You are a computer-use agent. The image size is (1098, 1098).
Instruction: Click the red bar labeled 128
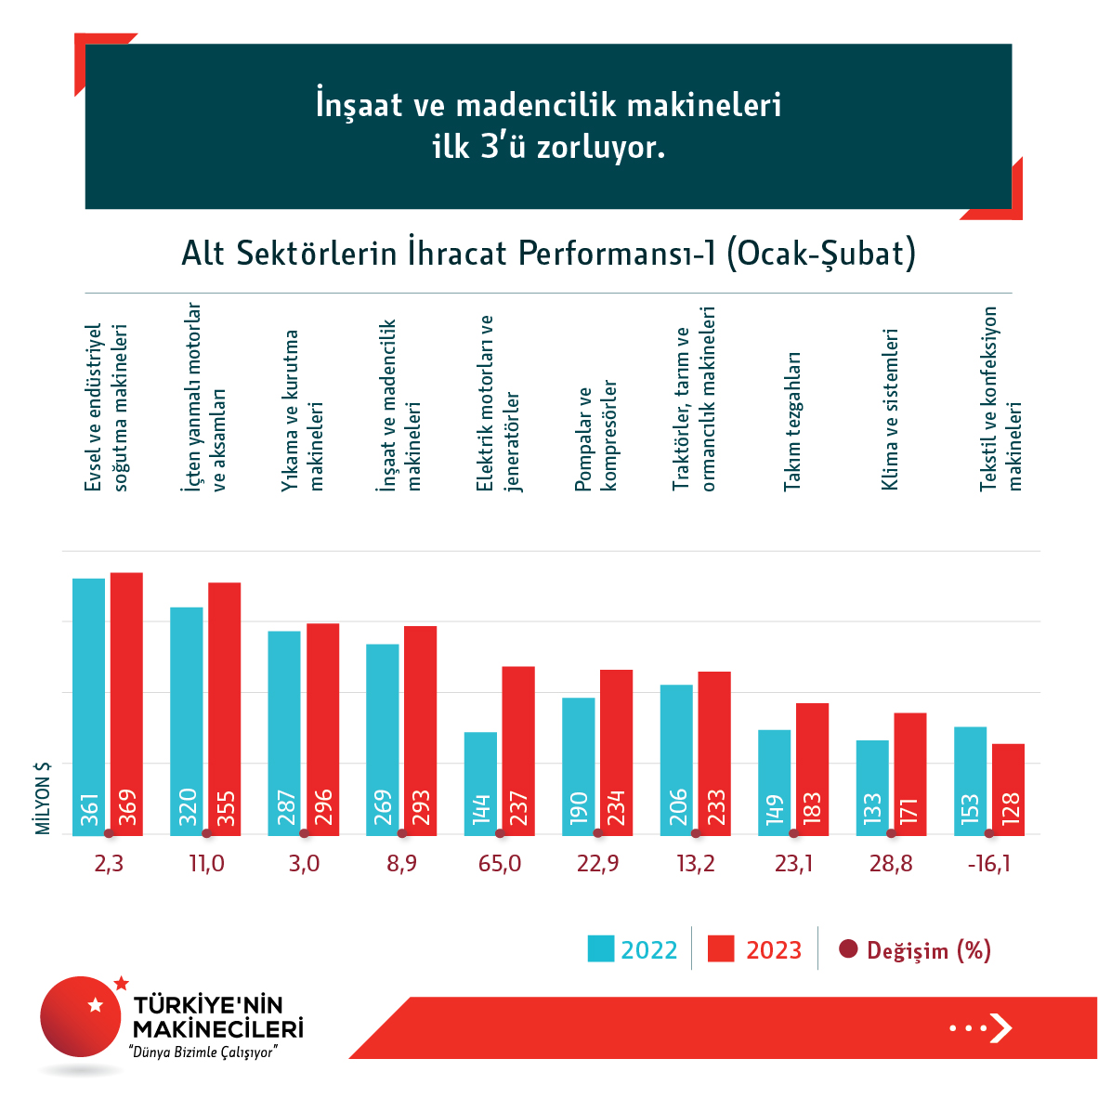pos(1008,789)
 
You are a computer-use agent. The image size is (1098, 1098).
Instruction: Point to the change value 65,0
pos(500,864)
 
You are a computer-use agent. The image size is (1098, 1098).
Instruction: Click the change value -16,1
pos(988,864)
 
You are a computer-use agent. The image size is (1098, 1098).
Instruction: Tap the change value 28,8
pos(891,864)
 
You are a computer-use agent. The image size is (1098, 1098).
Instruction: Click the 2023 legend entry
pos(755,950)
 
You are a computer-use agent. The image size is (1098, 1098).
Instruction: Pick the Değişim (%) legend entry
pos(915,950)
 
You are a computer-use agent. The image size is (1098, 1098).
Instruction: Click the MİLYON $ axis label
pos(43,798)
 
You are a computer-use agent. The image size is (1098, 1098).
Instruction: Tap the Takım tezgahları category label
pos(791,421)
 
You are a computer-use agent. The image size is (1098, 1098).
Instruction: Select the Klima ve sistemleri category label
pos(889,409)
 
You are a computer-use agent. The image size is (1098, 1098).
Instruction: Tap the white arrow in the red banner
pos(1000,1027)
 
